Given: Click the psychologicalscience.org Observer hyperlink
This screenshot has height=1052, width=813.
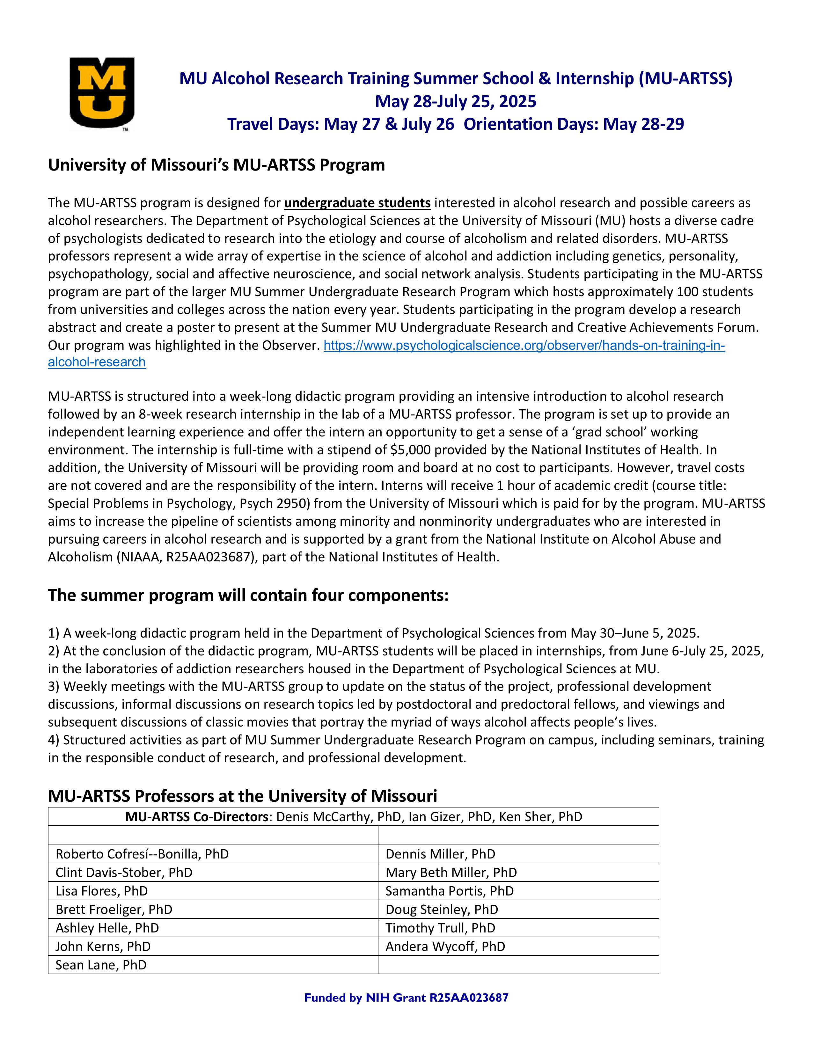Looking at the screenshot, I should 524,346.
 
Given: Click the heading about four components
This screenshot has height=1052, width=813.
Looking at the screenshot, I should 248,595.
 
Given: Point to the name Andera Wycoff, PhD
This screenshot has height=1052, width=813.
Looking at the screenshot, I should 445,946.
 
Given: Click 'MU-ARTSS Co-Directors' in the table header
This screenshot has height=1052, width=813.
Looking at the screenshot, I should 198,817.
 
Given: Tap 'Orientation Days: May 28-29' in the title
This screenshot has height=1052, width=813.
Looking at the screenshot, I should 573,124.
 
